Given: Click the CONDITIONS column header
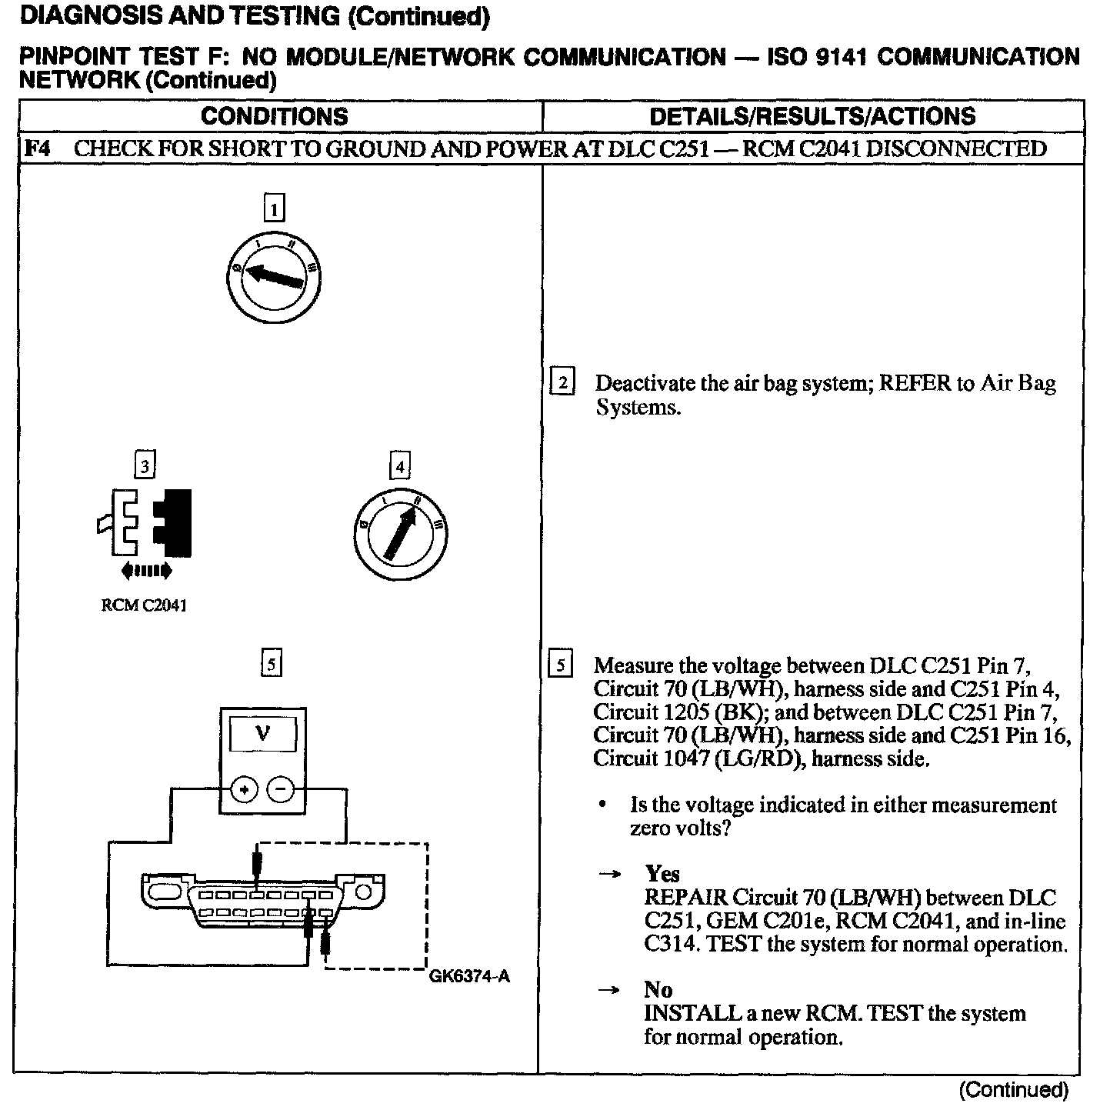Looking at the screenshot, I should (274, 116).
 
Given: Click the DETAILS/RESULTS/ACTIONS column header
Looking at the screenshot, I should (812, 116).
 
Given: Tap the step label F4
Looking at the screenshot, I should (37, 148).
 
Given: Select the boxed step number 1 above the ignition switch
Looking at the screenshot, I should (273, 208).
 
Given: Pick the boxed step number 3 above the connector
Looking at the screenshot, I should (144, 465).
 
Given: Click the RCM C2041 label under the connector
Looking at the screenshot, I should (144, 605).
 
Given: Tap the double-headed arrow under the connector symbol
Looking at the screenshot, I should (146, 571).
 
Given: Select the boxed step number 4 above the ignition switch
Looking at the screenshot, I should (399, 466).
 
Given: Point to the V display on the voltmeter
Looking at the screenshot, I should (262, 734).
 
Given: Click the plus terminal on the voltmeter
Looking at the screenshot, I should (245, 789).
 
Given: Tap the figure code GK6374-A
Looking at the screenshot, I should (469, 977).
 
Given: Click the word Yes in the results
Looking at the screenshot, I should (662, 874).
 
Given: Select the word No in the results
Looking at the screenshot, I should (658, 990).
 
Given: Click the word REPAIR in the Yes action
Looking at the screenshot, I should (685, 898).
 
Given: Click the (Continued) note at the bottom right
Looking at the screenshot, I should (1014, 1090).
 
